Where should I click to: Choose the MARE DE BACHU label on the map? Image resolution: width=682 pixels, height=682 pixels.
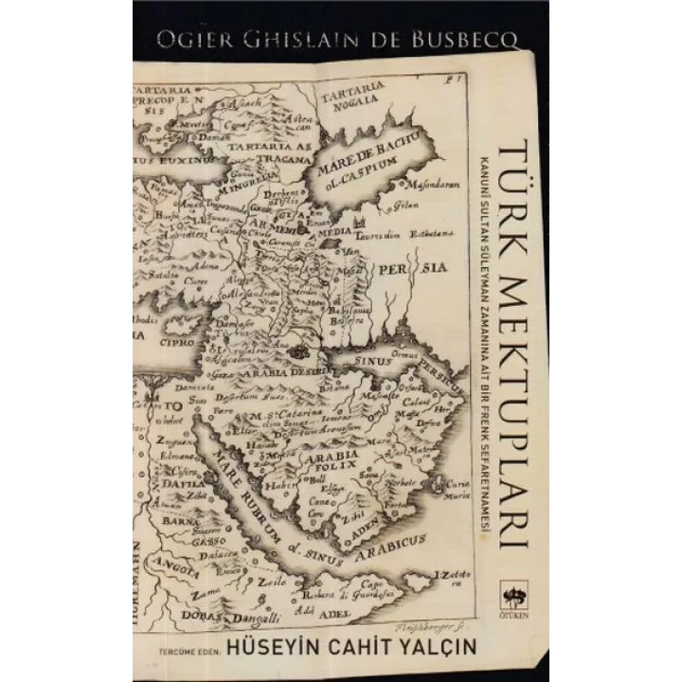click(x=376, y=158)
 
